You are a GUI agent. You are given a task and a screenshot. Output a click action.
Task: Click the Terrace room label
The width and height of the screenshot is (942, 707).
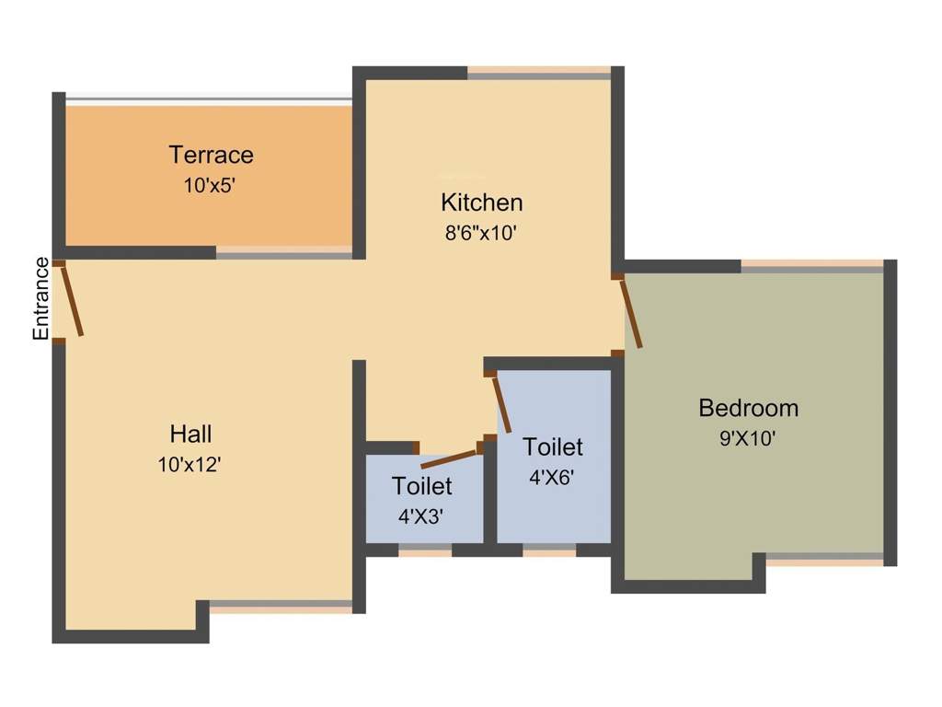tap(211, 155)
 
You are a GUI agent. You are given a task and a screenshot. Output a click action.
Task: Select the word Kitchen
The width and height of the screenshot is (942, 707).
tap(481, 203)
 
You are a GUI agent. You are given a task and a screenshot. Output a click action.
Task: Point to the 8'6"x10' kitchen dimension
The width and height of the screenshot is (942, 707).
tap(481, 233)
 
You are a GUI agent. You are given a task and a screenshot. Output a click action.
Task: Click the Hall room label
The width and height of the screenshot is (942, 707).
tap(190, 434)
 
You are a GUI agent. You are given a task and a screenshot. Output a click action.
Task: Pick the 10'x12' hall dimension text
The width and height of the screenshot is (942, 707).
tap(190, 465)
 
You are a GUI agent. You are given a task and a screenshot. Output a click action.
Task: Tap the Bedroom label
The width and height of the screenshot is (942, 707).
tap(748, 408)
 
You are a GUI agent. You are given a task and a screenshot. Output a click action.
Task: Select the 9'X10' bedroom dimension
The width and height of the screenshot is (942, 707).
tap(748, 439)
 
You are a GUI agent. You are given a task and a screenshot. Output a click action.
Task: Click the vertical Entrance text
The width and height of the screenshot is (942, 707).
tap(41, 298)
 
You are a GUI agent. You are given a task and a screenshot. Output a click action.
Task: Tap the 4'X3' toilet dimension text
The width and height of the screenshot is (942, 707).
tap(421, 516)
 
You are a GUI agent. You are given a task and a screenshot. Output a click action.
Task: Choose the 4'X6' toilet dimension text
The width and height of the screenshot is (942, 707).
tap(552, 478)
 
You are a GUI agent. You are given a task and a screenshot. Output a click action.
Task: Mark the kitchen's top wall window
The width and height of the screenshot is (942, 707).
tap(539, 73)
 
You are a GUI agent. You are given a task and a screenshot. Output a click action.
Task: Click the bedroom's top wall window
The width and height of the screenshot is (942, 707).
tap(812, 266)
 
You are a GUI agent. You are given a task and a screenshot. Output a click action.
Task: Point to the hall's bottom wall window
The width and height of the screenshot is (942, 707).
tap(281, 607)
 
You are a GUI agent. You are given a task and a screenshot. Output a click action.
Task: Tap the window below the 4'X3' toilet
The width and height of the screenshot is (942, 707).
tap(425, 551)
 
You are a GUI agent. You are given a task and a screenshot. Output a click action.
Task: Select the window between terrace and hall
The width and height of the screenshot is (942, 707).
tap(284, 252)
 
